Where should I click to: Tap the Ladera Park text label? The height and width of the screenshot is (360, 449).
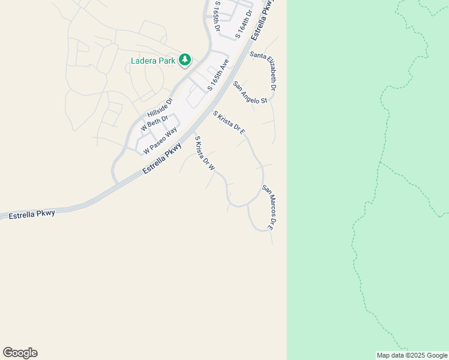(x=153, y=61)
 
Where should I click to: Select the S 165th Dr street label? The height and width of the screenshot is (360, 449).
(x=217, y=16)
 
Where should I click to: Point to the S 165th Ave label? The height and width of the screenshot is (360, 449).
(x=218, y=75)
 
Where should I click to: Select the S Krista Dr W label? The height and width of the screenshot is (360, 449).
(x=205, y=153)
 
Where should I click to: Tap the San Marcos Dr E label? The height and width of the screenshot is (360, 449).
(x=268, y=207)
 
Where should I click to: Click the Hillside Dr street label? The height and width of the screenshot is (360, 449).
(x=160, y=108)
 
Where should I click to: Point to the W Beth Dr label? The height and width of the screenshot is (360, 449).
(x=154, y=124)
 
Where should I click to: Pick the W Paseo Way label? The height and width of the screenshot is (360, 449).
(x=160, y=140)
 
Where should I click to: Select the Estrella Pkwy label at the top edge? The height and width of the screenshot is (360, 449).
(x=262, y=21)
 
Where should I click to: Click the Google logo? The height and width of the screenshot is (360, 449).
(x=20, y=353)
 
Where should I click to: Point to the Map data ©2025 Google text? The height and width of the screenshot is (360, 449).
(x=412, y=355)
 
